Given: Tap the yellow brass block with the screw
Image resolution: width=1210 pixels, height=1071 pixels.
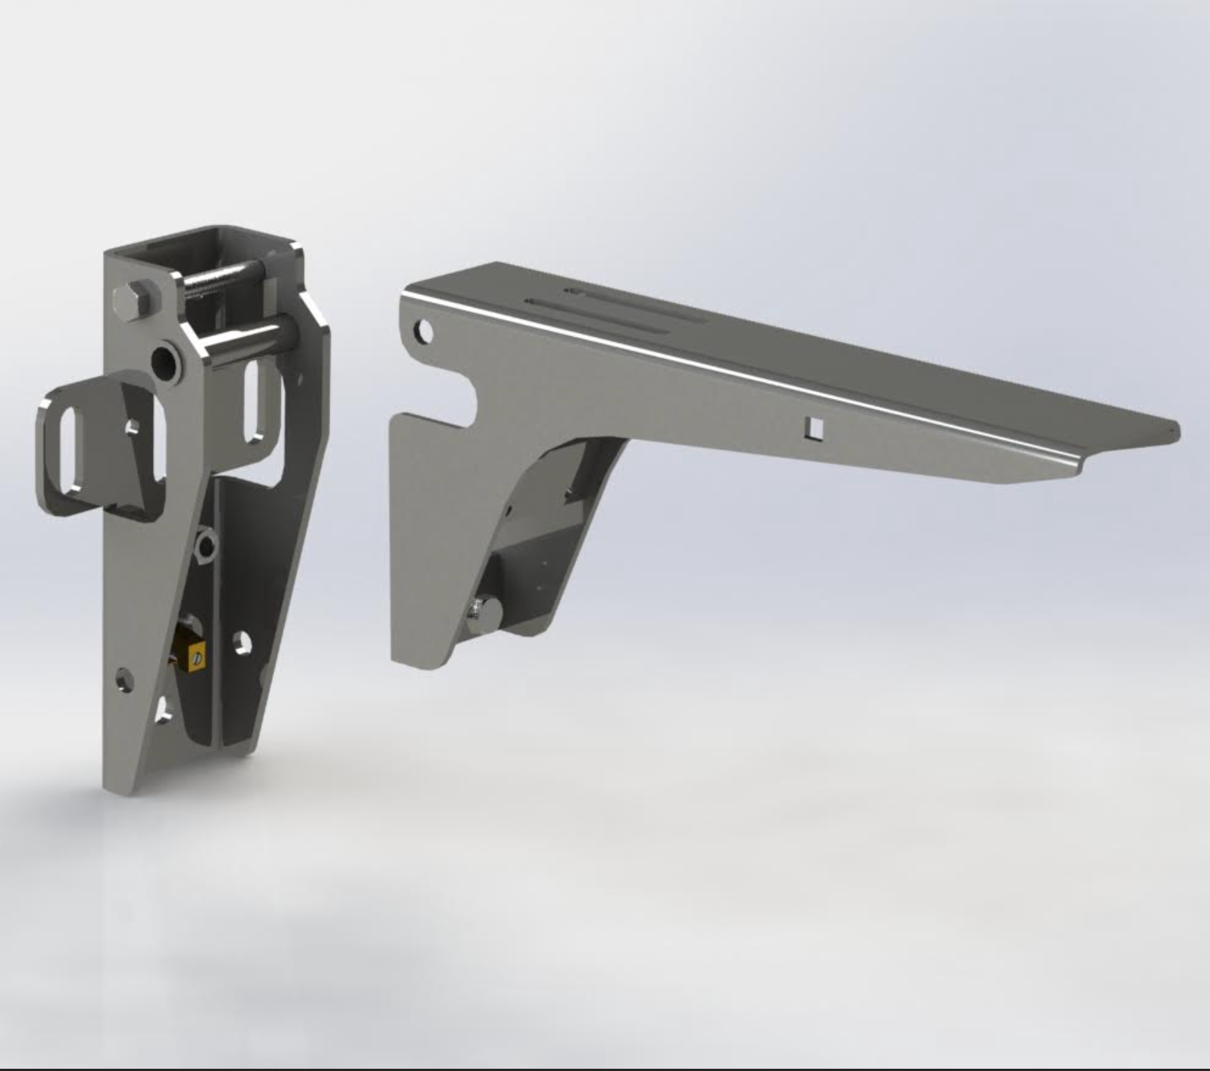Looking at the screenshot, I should click(190, 657).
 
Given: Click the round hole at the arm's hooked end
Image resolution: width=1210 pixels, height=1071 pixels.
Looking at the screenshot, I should click(423, 330).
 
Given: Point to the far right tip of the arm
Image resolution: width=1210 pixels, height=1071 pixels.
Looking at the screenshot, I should click(1176, 431).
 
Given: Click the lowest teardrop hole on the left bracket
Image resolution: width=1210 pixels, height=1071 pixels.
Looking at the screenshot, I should click(164, 710).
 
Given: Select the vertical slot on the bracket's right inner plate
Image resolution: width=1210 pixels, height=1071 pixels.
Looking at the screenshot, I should click(258, 400).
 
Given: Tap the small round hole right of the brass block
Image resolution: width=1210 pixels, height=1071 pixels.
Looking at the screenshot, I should click(241, 643).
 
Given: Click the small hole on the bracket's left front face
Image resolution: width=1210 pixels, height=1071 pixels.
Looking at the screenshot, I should click(124, 680).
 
